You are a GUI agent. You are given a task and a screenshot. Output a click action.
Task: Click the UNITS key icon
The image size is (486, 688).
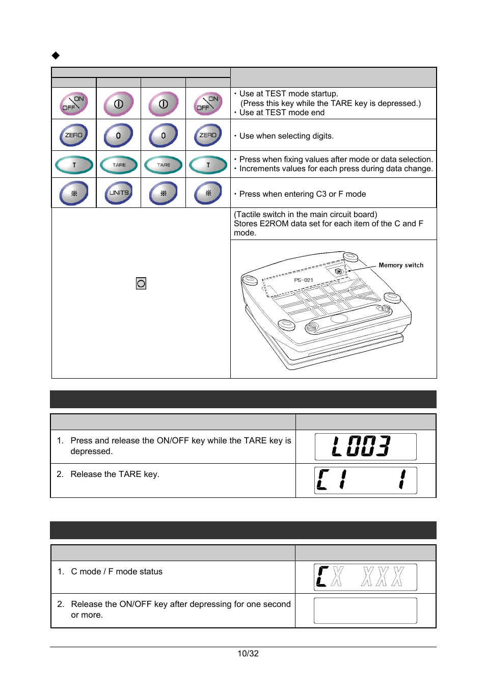(119, 193)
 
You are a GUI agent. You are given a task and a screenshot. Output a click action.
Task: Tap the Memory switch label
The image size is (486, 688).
(401, 265)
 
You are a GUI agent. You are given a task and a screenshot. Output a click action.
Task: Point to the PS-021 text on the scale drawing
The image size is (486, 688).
(304, 280)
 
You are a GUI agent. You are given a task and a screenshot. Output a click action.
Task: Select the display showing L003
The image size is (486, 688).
(365, 446)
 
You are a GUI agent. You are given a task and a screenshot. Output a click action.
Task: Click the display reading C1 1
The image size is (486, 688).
(365, 480)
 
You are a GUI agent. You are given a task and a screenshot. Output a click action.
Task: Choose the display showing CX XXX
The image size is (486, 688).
(365, 577)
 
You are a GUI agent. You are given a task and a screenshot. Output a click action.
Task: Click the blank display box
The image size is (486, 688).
(365, 610)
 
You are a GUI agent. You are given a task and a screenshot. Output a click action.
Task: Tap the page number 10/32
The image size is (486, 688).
(248, 653)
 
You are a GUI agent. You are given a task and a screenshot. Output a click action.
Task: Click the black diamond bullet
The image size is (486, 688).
(56, 55)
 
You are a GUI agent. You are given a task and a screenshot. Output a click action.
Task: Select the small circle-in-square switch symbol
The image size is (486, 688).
(141, 283)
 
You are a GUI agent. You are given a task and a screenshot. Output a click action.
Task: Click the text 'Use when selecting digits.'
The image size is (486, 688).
(286, 136)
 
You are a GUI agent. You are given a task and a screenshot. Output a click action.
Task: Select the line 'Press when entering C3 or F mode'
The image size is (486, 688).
(303, 194)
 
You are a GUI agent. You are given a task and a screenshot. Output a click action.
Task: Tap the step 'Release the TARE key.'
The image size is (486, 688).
(115, 474)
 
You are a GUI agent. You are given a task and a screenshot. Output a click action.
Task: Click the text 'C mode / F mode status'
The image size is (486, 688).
(117, 571)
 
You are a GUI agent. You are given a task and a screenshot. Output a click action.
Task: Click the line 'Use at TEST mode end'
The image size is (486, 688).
(282, 113)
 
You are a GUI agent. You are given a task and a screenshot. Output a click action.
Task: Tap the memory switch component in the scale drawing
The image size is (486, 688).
(338, 272)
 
